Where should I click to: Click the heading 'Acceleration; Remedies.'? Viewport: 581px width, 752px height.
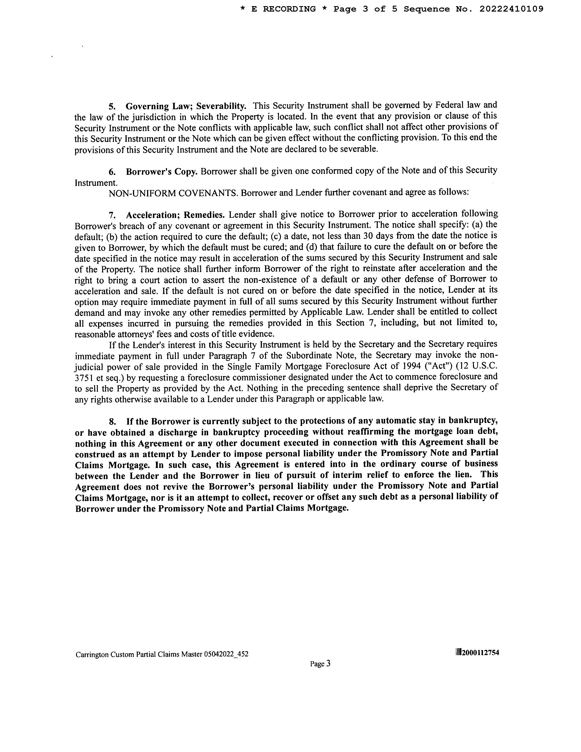[x=175, y=215]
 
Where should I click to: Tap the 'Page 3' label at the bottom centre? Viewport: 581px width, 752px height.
[x=320, y=663]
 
